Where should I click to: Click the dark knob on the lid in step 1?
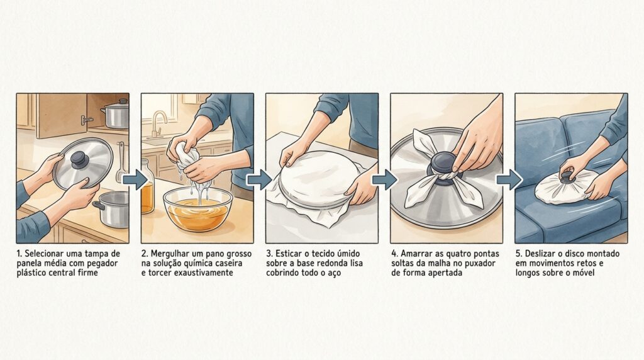point(79,158)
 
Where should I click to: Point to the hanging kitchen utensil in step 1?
point(121,163)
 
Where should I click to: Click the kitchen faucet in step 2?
point(158,123)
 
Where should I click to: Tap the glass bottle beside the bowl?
point(147,186)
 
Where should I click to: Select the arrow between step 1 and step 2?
point(135,180)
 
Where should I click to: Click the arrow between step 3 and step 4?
point(384,180)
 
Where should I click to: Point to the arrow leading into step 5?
point(509,180)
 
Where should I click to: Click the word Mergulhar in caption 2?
point(169,254)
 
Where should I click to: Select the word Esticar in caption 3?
point(288,254)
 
